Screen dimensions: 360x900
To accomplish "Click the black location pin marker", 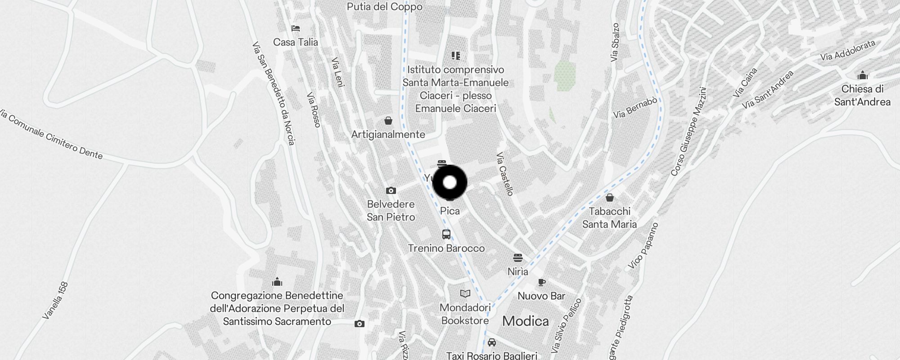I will tap(450, 182).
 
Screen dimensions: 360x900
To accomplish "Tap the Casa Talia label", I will tap(295, 42).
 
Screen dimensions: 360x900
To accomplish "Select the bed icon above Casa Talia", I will tap(295, 28).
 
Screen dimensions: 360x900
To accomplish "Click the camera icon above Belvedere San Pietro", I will tap(391, 191).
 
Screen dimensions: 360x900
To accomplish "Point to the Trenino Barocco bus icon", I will tap(446, 234).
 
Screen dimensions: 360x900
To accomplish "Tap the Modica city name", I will tap(525, 321).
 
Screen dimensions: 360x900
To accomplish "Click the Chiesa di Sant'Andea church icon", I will tap(862, 75).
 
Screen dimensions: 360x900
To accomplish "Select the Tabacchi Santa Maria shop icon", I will tap(609, 198).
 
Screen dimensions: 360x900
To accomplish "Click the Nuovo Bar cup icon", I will tap(541, 283).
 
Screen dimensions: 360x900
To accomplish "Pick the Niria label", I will tap(517, 272).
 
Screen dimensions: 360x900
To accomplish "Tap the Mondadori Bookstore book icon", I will tap(465, 294).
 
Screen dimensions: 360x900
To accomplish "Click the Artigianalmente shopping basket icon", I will tap(388, 121).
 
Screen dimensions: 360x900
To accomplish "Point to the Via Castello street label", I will tap(504, 174).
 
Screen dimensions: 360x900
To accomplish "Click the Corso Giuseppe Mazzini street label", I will tap(688, 131).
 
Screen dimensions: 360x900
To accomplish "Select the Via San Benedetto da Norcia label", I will tap(273, 94).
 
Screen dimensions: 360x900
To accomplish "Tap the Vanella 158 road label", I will tap(55, 301).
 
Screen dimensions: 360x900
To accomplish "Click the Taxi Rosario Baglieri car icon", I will tap(491, 342).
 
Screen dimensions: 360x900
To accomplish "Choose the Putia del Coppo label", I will tap(384, 7).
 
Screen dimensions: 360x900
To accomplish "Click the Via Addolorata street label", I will tap(847, 50).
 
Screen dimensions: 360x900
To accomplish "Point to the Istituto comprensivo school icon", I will tap(455, 56).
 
